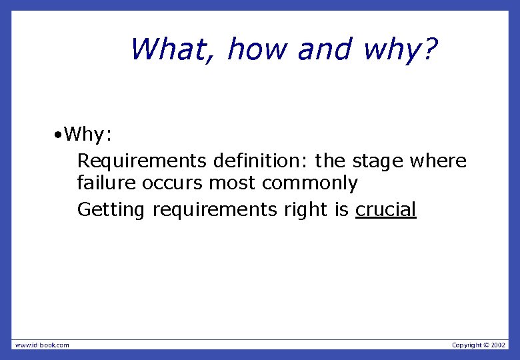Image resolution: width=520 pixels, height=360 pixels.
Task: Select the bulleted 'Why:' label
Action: tap(89, 135)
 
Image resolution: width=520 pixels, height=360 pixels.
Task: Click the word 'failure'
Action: tap(107, 183)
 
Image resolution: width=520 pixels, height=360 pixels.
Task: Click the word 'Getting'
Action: tap(111, 211)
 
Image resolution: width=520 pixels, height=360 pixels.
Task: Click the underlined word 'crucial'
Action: tap(385, 210)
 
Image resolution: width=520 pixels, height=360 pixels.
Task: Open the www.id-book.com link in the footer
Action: tap(42, 345)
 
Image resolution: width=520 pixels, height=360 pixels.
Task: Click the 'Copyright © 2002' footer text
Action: tap(479, 345)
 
